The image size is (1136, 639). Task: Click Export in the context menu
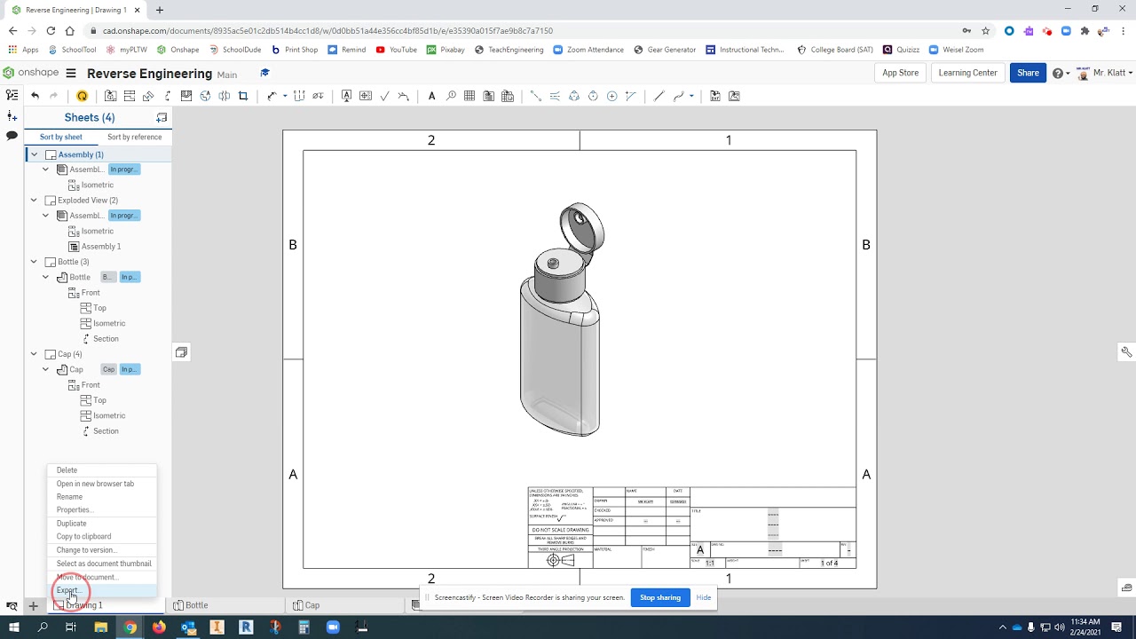(67, 590)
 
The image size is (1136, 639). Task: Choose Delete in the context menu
(67, 470)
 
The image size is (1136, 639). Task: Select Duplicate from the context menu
(71, 524)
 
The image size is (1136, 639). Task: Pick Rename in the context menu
(69, 497)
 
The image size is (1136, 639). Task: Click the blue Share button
(1028, 73)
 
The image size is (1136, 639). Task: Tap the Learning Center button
(967, 73)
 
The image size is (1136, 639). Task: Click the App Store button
(900, 73)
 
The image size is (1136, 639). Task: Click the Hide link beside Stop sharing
(703, 597)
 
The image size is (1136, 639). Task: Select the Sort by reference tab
(134, 137)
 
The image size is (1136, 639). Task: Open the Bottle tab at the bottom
(196, 605)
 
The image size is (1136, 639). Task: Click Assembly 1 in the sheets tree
(101, 247)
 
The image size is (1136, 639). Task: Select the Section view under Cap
(106, 431)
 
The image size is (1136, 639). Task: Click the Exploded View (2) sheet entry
(87, 201)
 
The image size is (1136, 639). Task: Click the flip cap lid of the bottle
(582, 225)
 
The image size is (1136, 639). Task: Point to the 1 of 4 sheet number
(829, 563)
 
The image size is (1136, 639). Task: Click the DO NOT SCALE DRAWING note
(560, 530)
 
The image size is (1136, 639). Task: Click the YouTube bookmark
(402, 50)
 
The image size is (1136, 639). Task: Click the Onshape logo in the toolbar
(32, 73)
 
